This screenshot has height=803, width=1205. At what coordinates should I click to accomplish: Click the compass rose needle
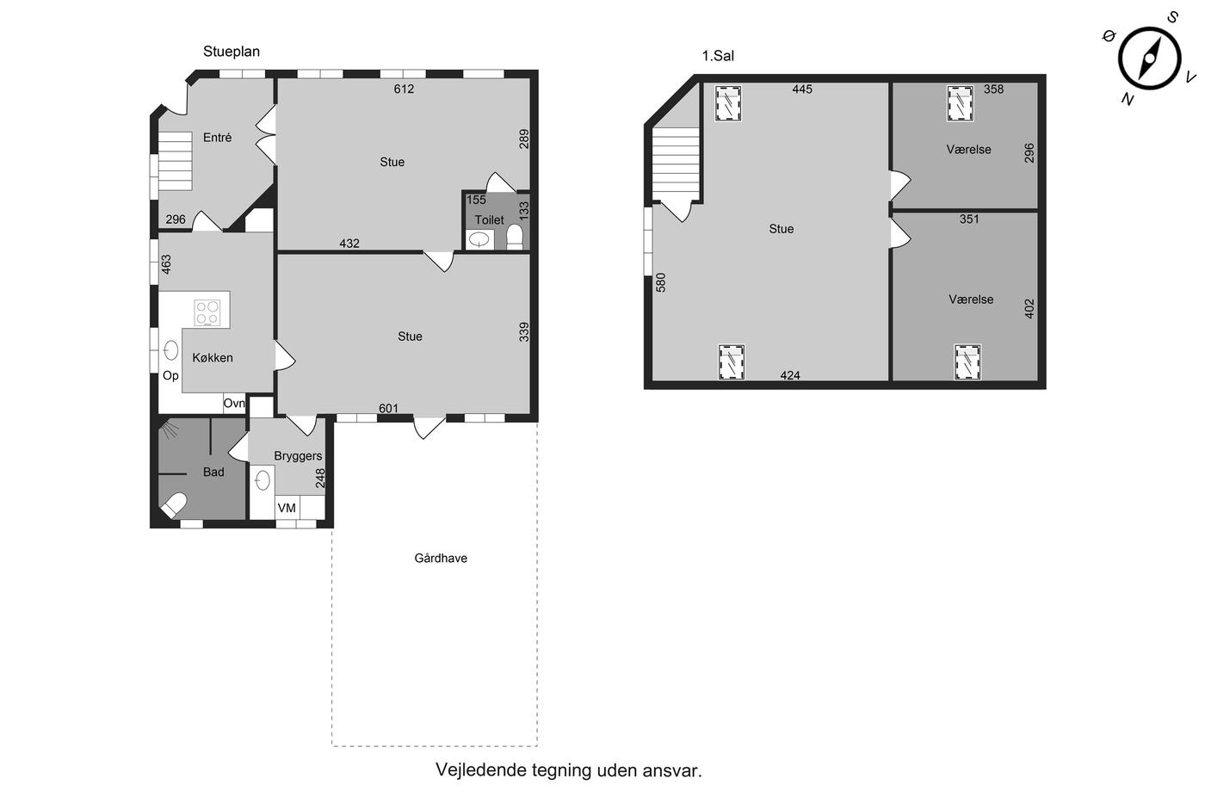click(1149, 58)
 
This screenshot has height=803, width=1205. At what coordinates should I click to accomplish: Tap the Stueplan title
click(232, 52)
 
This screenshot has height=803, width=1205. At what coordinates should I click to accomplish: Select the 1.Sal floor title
click(718, 56)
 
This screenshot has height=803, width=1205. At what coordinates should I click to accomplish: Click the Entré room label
click(217, 138)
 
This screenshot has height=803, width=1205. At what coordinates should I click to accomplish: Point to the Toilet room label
click(489, 220)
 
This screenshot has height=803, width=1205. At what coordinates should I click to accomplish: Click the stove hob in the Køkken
click(207, 313)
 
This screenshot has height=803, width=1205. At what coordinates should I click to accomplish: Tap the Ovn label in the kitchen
click(234, 404)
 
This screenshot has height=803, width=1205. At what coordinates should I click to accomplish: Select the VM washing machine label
click(287, 509)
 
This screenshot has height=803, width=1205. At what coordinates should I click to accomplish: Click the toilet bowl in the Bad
click(173, 505)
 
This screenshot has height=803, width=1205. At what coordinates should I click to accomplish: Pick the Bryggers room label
click(298, 456)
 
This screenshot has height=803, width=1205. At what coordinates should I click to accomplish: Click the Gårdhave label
click(441, 559)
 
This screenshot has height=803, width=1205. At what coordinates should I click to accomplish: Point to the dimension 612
click(404, 90)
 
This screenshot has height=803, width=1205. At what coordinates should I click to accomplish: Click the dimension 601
click(388, 409)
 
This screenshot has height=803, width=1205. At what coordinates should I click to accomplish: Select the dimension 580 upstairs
click(661, 282)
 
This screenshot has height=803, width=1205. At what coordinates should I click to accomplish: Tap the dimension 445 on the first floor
click(802, 90)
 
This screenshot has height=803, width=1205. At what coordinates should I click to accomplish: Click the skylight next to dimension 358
click(961, 103)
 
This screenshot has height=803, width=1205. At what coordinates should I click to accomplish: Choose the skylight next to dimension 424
click(732, 362)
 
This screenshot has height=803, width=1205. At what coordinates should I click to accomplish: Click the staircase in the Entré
click(175, 161)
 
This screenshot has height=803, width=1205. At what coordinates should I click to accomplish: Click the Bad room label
click(213, 473)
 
